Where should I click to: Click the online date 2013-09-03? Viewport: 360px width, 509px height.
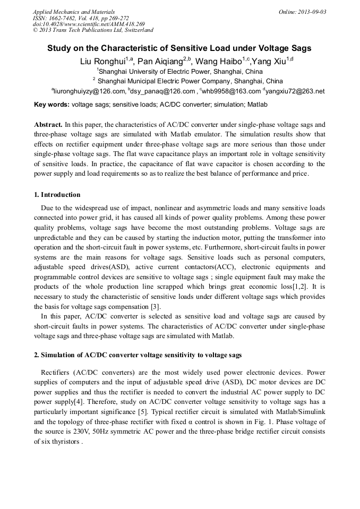311,12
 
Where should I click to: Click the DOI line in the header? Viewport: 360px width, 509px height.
89,24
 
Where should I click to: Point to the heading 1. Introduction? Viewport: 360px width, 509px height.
57,195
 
